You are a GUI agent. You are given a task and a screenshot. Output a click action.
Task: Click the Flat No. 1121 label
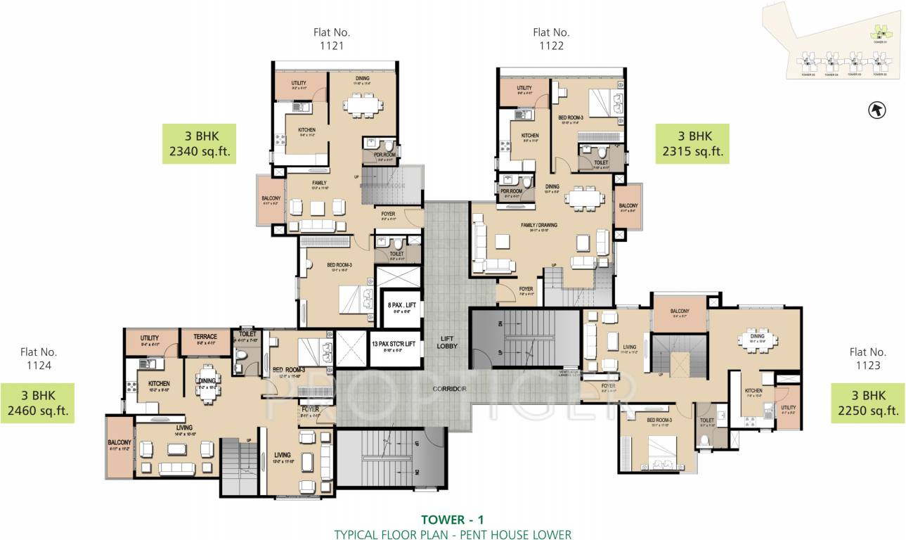pos(332,39)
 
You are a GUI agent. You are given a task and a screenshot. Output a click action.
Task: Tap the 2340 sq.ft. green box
pos(199,143)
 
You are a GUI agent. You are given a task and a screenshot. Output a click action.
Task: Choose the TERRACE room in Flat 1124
pos(206,341)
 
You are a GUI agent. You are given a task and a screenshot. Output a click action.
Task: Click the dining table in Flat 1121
pos(363,105)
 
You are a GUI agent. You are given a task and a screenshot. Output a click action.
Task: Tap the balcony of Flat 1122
pos(628,207)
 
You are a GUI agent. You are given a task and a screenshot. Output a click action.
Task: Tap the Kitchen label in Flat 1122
pos(529,136)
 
